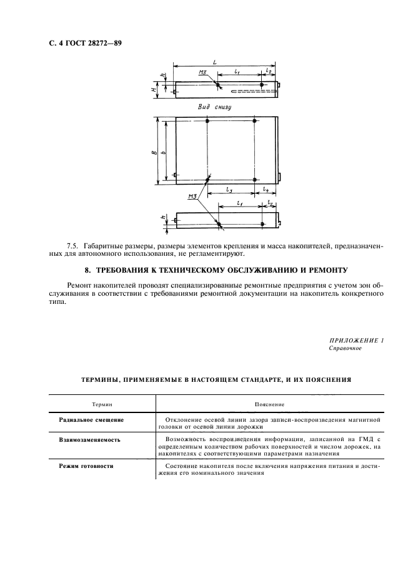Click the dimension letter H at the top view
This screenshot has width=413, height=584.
click(154, 90)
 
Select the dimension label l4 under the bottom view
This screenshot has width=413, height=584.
click(266, 188)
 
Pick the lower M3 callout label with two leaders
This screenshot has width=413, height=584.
click(192, 197)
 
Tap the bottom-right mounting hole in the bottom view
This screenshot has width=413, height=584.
click(255, 180)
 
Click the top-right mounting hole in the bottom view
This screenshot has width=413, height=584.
click(255, 120)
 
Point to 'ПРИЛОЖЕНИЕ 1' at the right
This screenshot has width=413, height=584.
click(355, 341)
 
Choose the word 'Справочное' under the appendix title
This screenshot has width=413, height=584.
click(345, 349)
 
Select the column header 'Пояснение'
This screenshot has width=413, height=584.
click(270, 405)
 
